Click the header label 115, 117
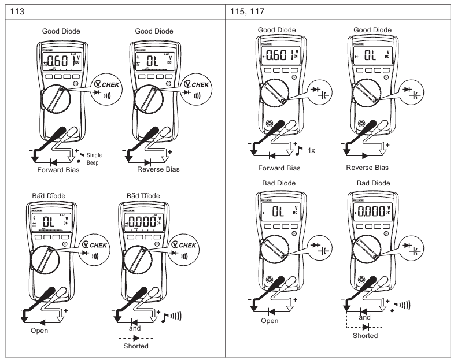pyautogui.click(x=247, y=10)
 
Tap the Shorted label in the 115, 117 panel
pyautogui.click(x=365, y=335)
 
